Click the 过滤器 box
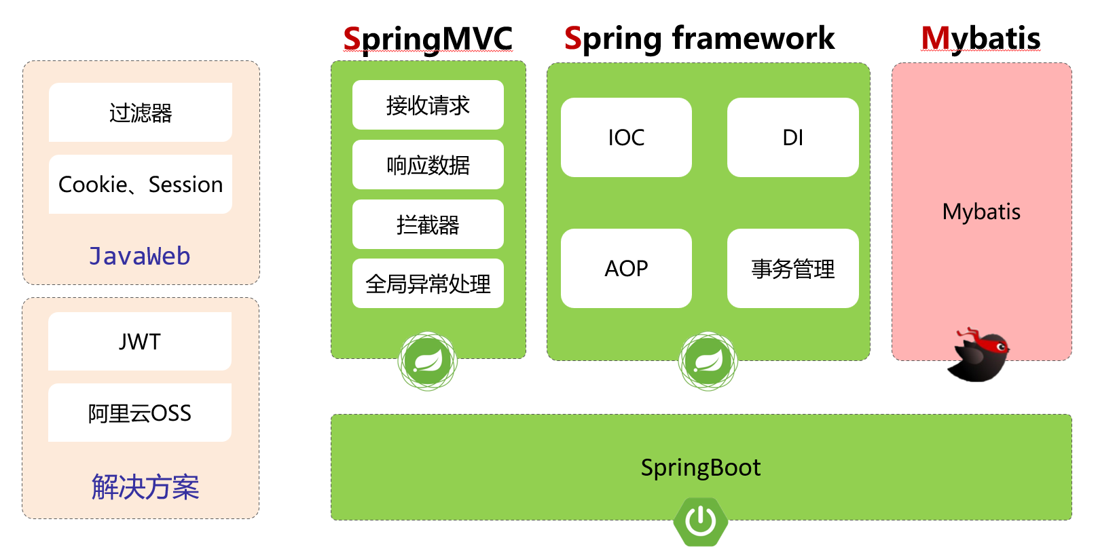pos(141,113)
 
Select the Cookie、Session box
pos(141,185)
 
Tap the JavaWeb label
pos(140,256)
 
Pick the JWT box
pos(140,341)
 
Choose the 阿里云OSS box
pos(140,413)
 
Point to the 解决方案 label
pos(145,487)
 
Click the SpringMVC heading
pos(428,39)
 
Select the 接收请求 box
pos(428,105)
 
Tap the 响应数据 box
pos(428,165)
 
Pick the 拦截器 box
pos(428,225)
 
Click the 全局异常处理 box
pos(428,284)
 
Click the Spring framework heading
pos(699,39)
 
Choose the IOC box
pos(626,138)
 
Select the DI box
pos(793,138)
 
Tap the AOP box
pos(626,269)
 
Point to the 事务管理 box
pos(793,269)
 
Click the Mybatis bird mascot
pos(980,356)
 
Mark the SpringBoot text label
pos(701,468)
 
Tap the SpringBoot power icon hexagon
pos(701,522)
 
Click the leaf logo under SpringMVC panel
pos(428,361)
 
